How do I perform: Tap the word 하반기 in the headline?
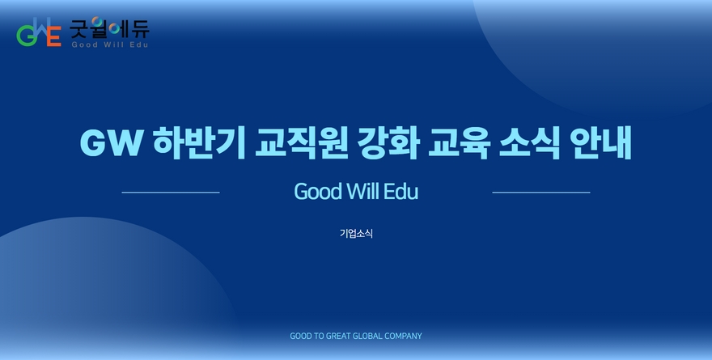pos(199,142)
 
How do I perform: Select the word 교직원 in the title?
pos(302,142)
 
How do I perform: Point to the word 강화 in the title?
pos(388,142)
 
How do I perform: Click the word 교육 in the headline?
pos(459,142)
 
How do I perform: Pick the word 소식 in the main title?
pos(530,142)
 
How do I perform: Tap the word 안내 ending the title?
pos(602,142)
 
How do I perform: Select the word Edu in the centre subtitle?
pos(400,191)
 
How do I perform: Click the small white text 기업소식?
pos(356,233)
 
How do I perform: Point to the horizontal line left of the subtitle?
pos(171,193)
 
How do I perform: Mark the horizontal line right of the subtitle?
pos(541,193)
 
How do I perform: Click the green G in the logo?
pos(25,36)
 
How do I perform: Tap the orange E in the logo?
pos(54,36)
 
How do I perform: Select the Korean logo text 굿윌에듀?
pos(109,28)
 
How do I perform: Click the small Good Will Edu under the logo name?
pos(110,44)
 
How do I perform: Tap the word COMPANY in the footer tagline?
pos(403,336)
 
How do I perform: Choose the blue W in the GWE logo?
pos(40,28)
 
